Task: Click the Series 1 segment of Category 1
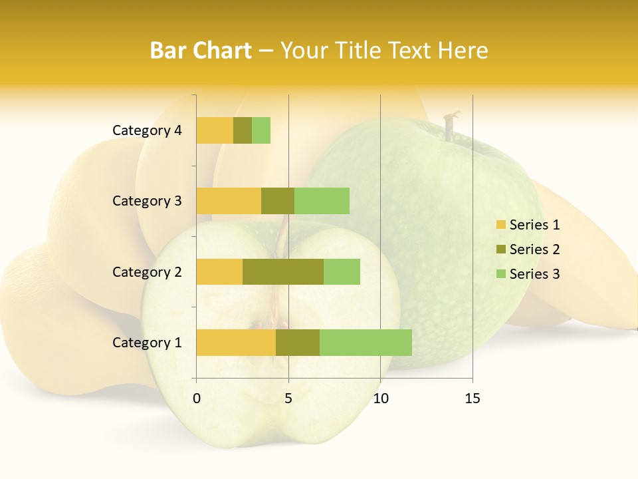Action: tap(236, 343)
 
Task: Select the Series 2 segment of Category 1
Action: tap(298, 343)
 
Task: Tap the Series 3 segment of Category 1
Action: tap(366, 343)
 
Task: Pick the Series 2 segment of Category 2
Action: tap(283, 271)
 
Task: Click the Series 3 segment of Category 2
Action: tap(342, 271)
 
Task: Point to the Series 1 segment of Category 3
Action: tap(229, 201)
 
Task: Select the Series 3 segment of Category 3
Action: tap(322, 201)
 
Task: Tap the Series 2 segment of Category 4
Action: tap(243, 130)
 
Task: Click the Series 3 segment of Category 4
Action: tap(261, 130)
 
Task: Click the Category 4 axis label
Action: tap(147, 130)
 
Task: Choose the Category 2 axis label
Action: tap(147, 271)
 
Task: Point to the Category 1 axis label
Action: tap(147, 343)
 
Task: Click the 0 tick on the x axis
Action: tap(197, 399)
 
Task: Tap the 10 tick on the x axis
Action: tap(380, 399)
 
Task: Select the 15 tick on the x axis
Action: tap(473, 399)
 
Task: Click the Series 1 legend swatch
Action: tap(500, 225)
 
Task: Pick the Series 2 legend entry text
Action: tap(534, 249)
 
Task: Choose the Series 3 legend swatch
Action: tap(500, 274)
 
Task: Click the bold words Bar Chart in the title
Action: tap(201, 50)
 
